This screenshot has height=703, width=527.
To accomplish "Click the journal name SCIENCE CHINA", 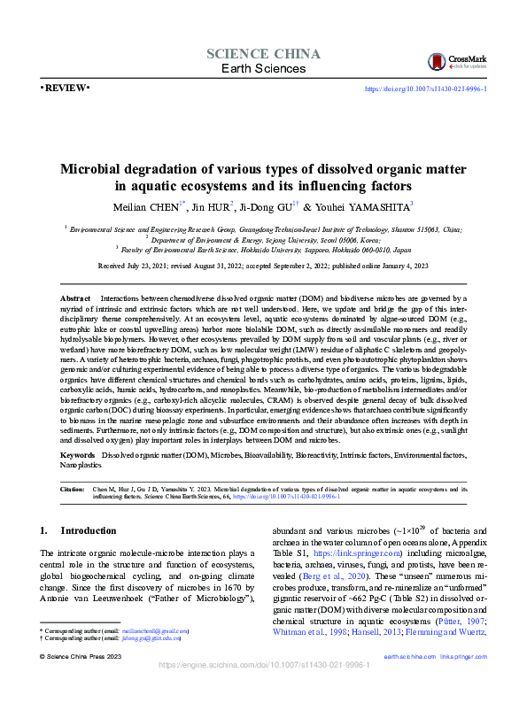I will (257, 53).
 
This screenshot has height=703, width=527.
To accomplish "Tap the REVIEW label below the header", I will (65, 89).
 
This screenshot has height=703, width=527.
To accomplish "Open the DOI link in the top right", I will (425, 89).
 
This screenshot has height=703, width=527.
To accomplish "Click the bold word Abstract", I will (75, 301).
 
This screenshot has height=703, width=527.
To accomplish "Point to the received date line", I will (263, 265).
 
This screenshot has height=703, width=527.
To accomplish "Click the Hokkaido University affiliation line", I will (263, 250).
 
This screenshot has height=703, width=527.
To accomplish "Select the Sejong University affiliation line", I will (263, 239).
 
